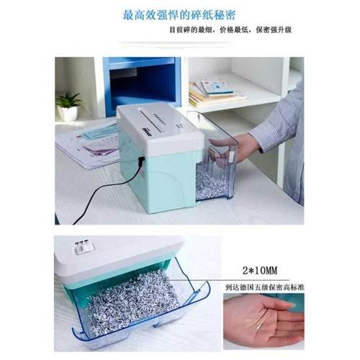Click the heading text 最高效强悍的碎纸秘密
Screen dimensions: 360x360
click(179, 14)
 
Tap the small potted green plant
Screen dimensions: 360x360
click(70, 104)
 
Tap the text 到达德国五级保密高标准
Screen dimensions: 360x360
click(263, 287)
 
